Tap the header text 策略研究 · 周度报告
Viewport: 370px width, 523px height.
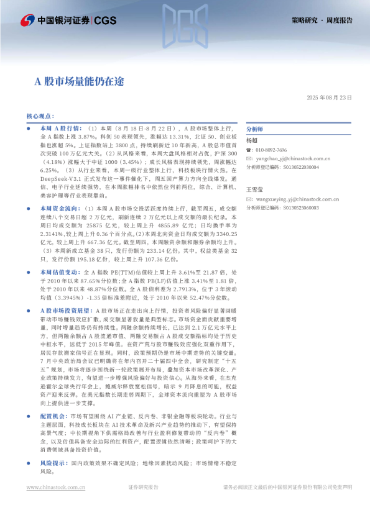(321, 20)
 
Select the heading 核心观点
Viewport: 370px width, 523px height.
(40, 116)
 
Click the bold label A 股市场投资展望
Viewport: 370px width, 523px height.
(65, 309)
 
